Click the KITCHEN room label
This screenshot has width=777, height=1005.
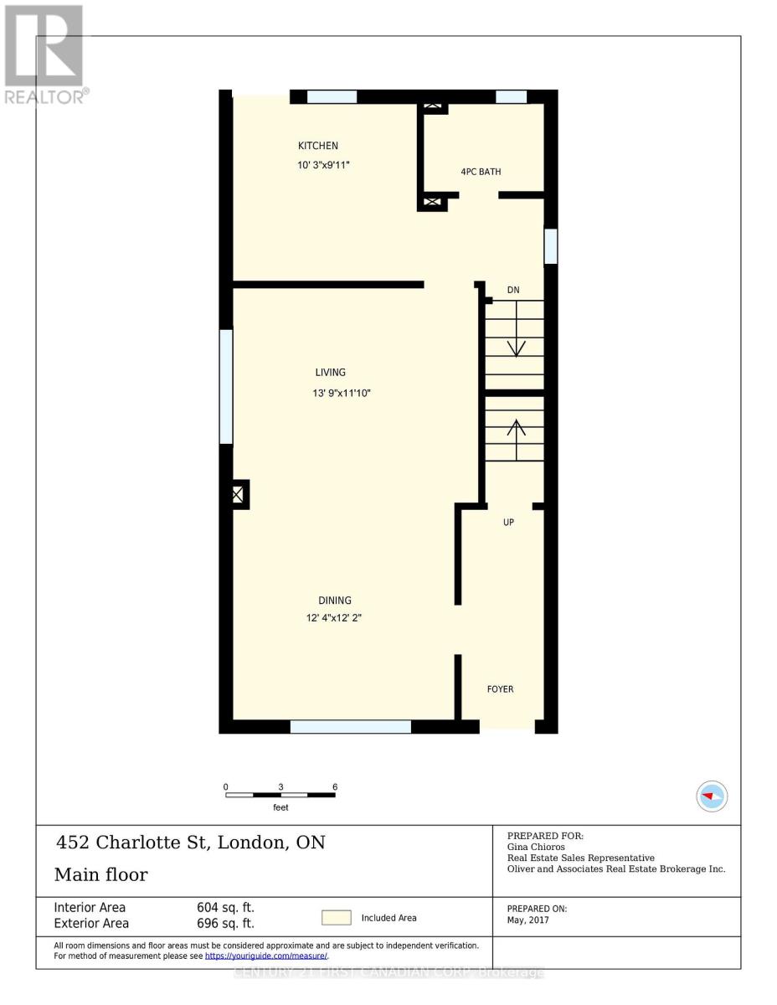coord(318,146)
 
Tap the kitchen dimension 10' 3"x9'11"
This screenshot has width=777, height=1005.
coord(323,165)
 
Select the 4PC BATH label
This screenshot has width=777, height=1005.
coord(481,172)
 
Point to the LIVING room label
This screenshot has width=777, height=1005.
coord(330,373)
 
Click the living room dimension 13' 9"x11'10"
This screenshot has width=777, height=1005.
coord(342,392)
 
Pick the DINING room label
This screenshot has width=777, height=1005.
coord(334,600)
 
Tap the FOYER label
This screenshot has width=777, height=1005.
coord(501,689)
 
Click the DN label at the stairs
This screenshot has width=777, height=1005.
coord(513,290)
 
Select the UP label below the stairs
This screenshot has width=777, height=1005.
coord(508,523)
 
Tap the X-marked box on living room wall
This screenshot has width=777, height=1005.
coord(238,495)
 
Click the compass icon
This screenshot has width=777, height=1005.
coord(713,796)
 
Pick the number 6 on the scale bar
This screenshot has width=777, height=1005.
coord(335,787)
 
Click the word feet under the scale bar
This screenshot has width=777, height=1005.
coord(280,807)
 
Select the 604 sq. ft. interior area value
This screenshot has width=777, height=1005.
coord(224,907)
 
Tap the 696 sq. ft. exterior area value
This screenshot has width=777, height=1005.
coord(224,923)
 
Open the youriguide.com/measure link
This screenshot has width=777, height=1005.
coord(266,956)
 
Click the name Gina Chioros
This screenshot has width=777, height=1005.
coord(536,847)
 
